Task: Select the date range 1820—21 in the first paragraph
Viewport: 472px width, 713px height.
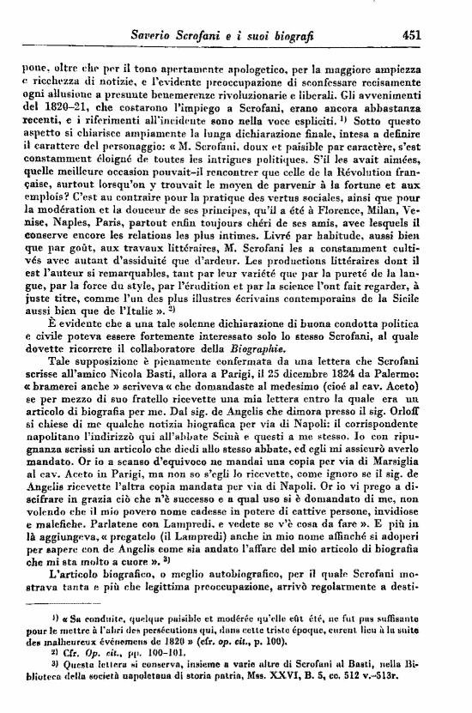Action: pos(65,102)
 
